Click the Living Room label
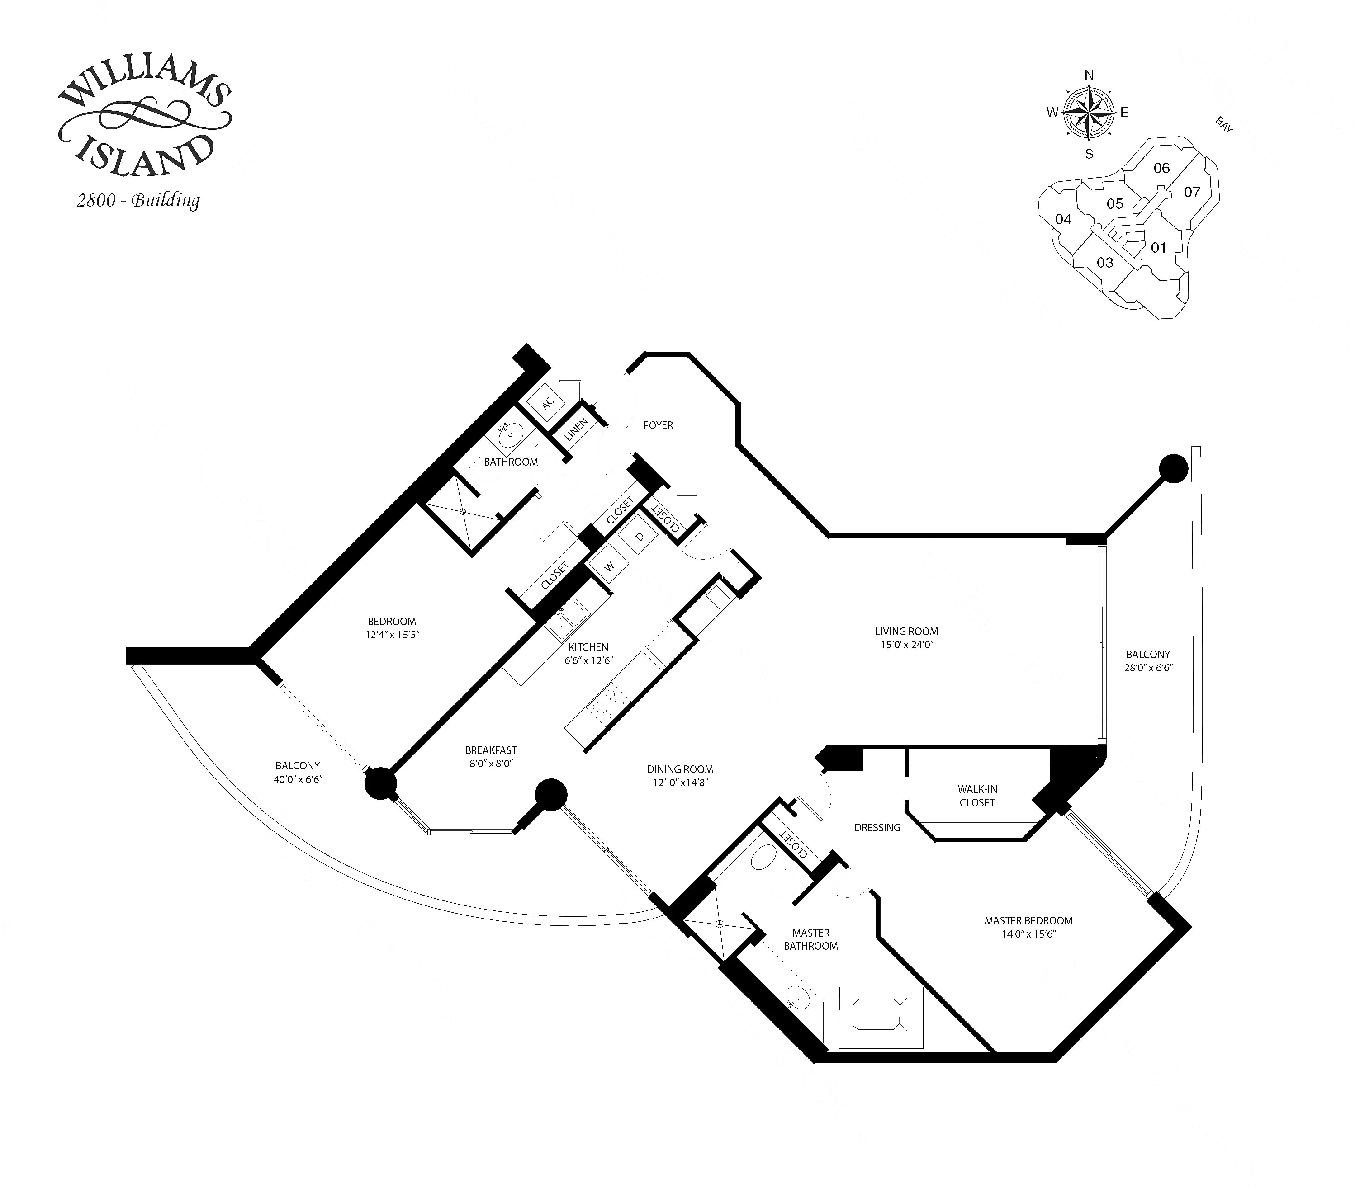click(906, 631)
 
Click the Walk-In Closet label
click(977, 796)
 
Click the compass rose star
click(1089, 113)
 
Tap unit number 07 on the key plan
click(1192, 192)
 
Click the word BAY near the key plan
click(1224, 125)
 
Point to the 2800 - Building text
click(138, 200)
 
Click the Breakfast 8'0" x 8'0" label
click(491, 756)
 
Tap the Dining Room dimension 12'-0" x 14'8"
click(680, 782)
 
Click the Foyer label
click(658, 425)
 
